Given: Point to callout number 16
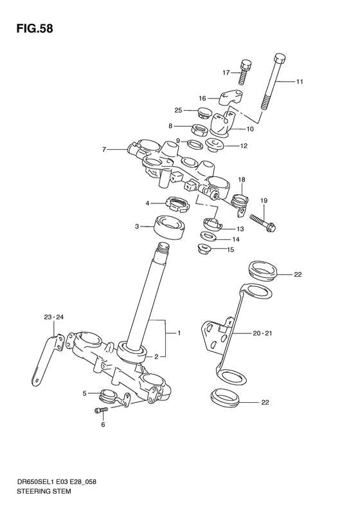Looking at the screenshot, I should point(201,98).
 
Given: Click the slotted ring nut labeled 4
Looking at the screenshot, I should point(176,204).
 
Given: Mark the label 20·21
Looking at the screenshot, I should point(263,334).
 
